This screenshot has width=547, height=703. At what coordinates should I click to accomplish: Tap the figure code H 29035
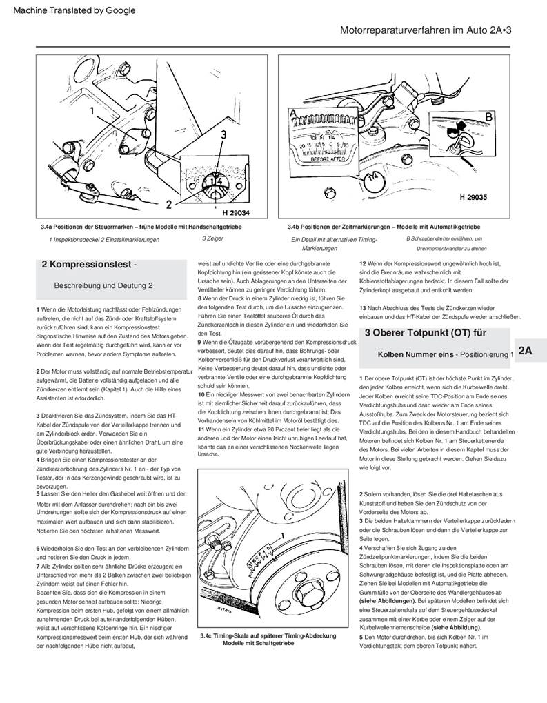pos(473,197)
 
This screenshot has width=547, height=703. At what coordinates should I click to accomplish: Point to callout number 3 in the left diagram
pos(223,136)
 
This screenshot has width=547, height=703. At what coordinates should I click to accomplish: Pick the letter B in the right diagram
pos(489,117)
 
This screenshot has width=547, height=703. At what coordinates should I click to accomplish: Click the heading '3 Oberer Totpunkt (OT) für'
pos(426,333)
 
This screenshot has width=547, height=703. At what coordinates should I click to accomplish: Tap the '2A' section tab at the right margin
pos(525,350)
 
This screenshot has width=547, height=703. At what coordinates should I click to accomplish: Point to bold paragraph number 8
pos(200,298)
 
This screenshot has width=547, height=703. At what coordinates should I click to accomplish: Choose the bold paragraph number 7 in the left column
pos(38,565)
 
